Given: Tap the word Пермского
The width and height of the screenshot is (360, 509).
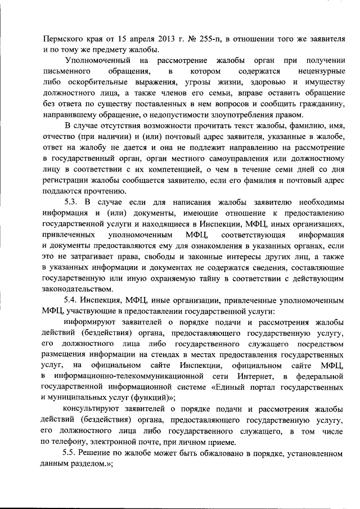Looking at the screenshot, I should pyautogui.click(x=64, y=39).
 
